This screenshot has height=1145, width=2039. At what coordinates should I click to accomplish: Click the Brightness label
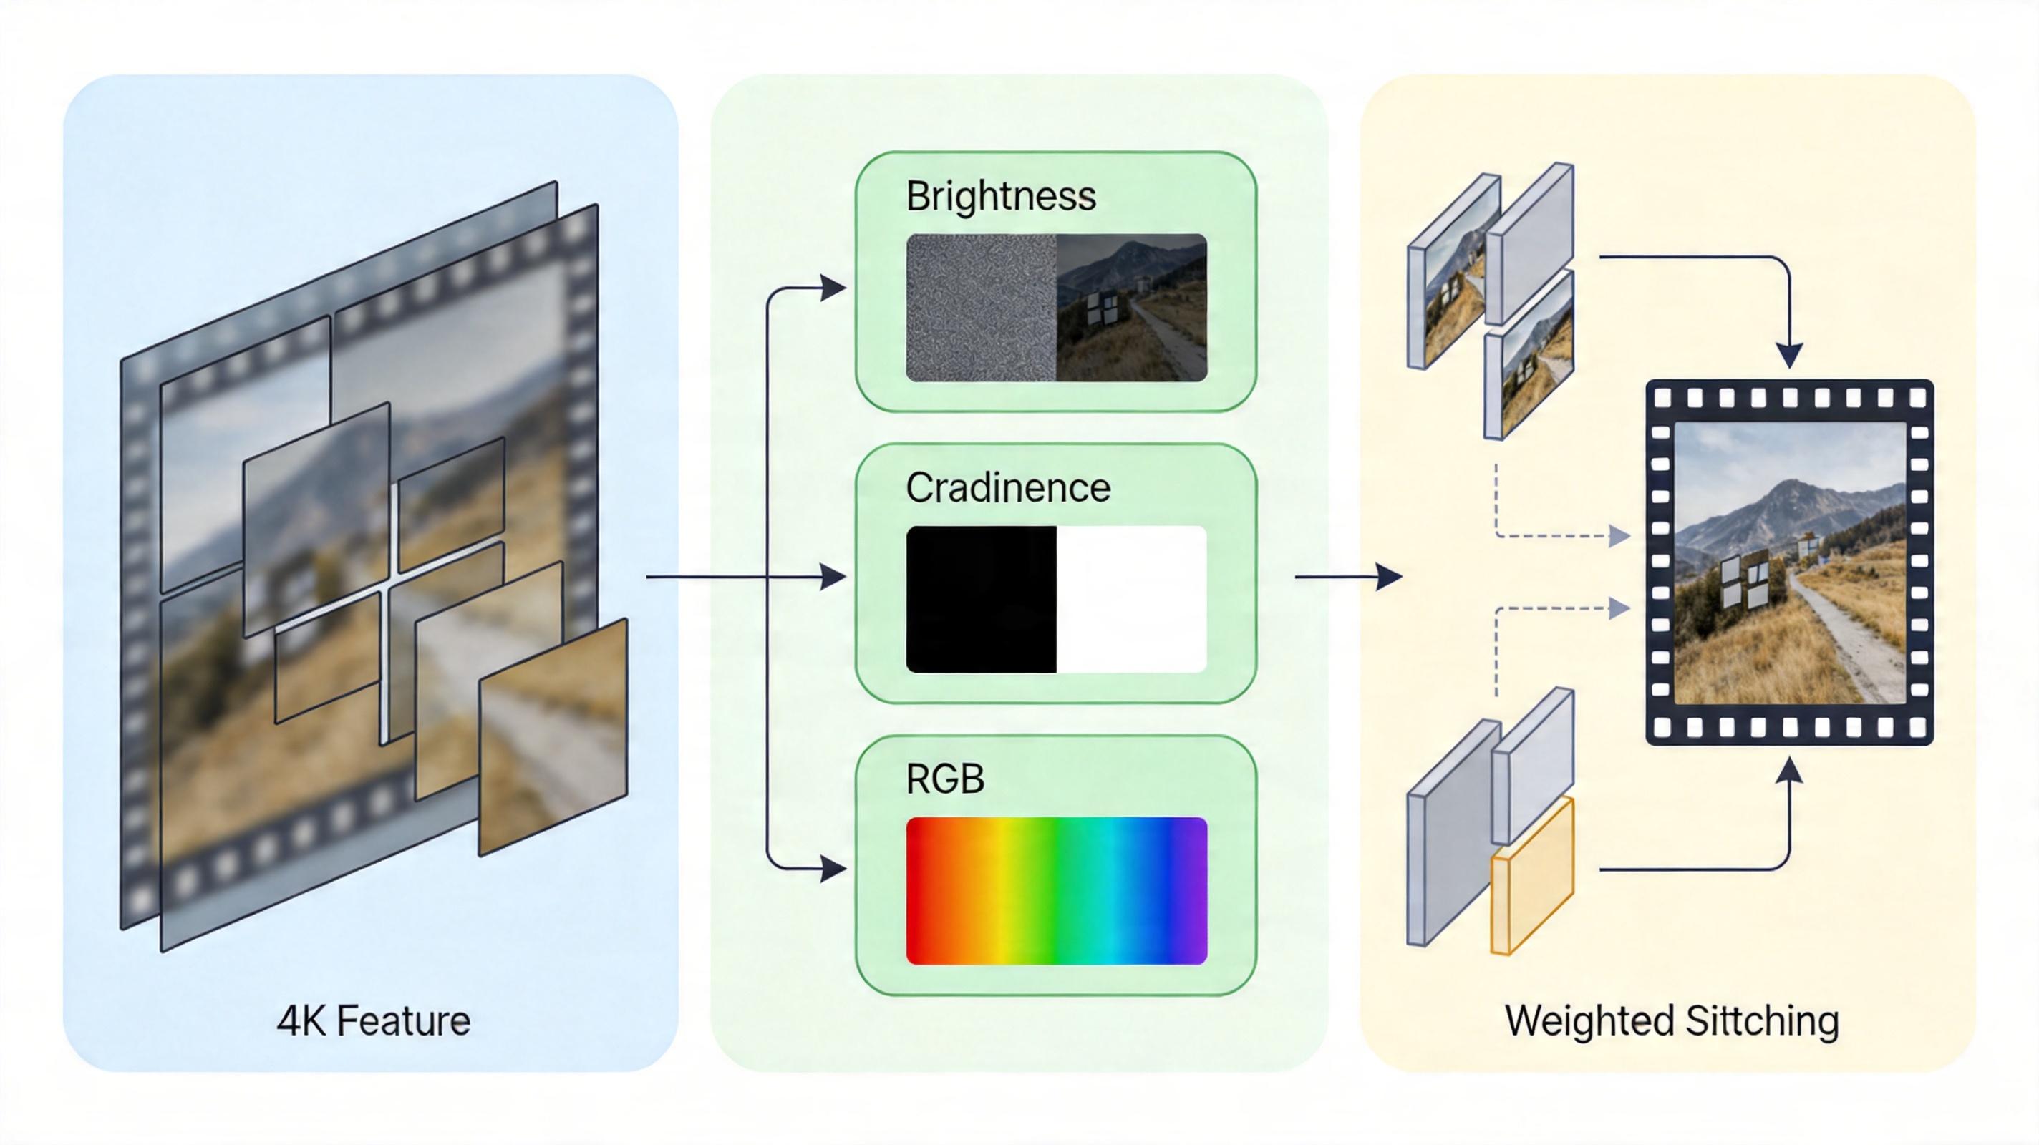click(x=1000, y=196)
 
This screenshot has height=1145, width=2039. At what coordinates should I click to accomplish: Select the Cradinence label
click(x=1007, y=487)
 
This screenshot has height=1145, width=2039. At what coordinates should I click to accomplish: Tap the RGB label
click(x=945, y=779)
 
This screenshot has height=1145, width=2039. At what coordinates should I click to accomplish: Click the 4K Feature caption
click(x=374, y=1020)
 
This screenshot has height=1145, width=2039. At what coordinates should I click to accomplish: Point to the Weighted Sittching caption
click(x=1672, y=1020)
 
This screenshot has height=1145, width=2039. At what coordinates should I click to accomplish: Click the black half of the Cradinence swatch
click(x=982, y=599)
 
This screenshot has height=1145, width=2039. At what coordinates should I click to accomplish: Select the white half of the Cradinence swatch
click(x=1131, y=599)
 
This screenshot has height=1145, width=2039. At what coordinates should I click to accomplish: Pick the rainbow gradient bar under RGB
click(x=1056, y=891)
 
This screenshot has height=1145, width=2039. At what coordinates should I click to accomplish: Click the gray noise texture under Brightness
click(x=982, y=307)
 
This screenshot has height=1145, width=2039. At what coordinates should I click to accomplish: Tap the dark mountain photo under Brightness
click(x=1131, y=307)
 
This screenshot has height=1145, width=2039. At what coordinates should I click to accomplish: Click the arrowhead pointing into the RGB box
click(x=833, y=869)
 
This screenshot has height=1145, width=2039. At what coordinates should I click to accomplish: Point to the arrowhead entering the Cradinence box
click(x=833, y=577)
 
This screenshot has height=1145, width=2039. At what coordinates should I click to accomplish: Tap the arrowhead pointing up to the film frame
click(x=1790, y=770)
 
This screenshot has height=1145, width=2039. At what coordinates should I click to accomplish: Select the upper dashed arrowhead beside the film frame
click(x=1619, y=537)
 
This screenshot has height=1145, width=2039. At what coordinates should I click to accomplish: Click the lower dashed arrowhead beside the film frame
click(x=1619, y=608)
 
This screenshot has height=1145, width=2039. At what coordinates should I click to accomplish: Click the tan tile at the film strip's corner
click(x=553, y=736)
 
